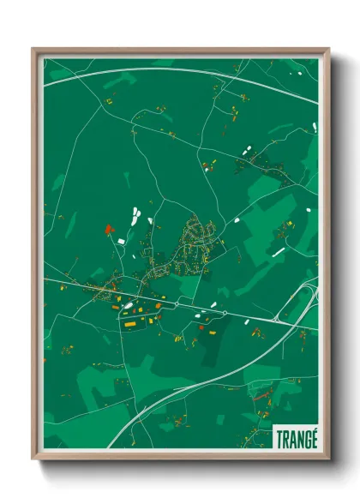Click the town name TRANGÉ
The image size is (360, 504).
297,437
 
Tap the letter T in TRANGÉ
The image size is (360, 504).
279,437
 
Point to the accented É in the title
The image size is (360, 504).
314,436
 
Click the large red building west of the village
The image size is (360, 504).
108,229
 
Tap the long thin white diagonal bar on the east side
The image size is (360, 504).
279,251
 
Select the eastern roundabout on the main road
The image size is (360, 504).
225,313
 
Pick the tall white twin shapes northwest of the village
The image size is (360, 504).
135,214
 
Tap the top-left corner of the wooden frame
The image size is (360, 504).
33,50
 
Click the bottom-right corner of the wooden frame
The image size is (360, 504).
328,459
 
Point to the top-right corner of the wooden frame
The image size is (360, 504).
328,50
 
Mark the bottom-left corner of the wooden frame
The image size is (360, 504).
33,459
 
